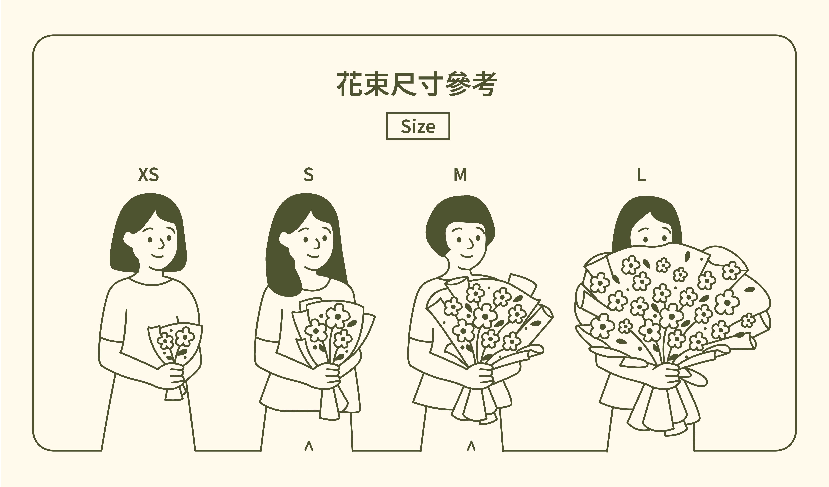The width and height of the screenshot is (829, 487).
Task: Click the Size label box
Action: coord(418,126)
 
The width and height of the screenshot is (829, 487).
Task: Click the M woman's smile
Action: coord(467,256)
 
